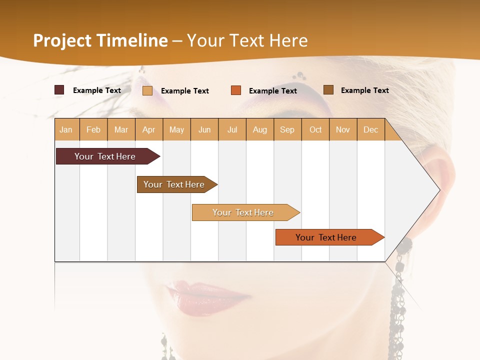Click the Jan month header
[x=66, y=129]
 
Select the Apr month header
[x=149, y=129]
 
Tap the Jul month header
[x=232, y=129]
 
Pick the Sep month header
[x=287, y=129]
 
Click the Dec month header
[x=370, y=129]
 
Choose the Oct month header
[x=315, y=129]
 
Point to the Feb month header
[x=93, y=129]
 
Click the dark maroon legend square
[x=59, y=90]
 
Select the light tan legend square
[x=147, y=90]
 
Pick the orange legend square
[x=236, y=90]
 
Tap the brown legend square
[x=328, y=90]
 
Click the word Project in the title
[x=62, y=40]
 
